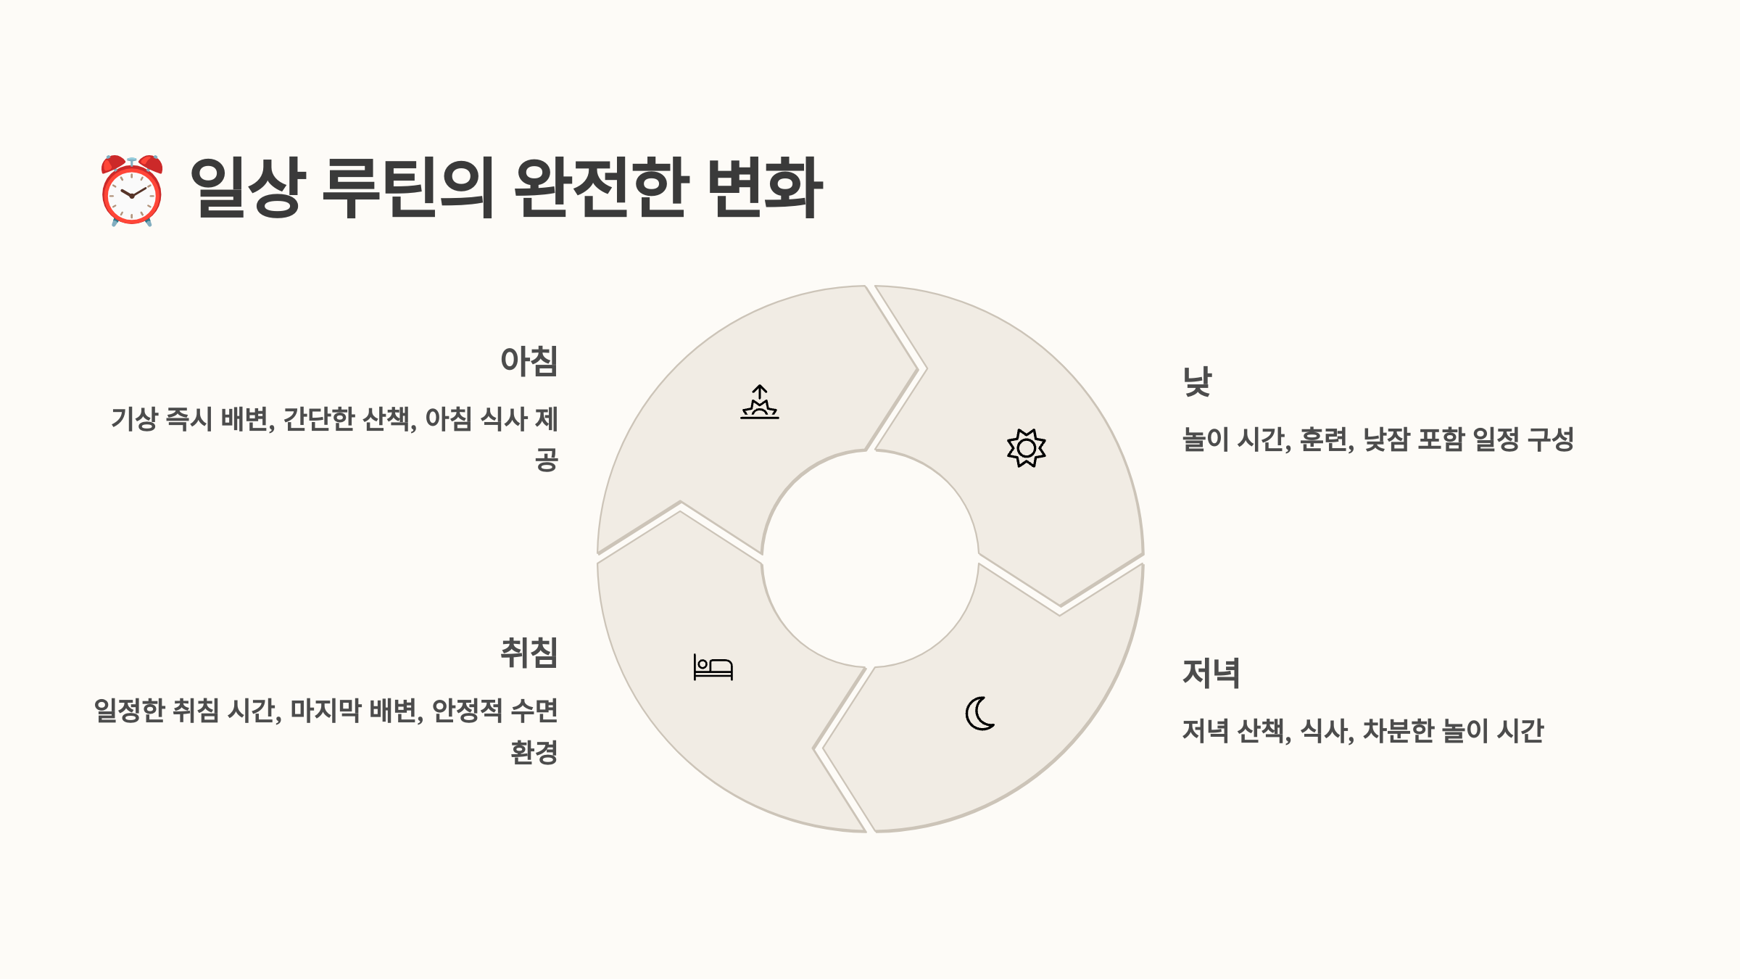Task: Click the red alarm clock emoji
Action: (132, 191)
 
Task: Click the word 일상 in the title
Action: (246, 188)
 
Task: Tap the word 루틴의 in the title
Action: (408, 188)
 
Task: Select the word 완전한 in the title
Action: (600, 188)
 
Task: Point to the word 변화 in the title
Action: (765, 188)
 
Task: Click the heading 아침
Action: (529, 361)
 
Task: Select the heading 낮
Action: (1198, 381)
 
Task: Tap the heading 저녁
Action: (1211, 673)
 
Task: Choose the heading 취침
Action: (529, 653)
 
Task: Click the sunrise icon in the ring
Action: (760, 402)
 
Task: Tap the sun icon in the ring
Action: (1026, 448)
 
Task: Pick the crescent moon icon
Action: (980, 714)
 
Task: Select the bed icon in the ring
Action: (713, 667)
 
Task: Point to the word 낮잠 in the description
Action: (1386, 440)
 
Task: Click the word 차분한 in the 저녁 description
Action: (1399, 731)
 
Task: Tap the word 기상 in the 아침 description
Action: (134, 419)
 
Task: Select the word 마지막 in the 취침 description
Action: (326, 711)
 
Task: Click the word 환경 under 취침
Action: (534, 753)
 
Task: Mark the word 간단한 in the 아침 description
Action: (319, 419)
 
